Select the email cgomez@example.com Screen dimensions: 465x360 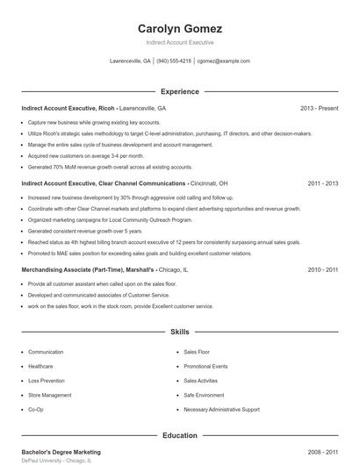pos(223,61)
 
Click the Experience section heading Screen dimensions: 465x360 pos(179,91)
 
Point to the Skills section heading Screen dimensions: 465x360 pos(179,333)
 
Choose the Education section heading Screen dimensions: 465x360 pos(179,435)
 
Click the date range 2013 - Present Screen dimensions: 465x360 pos(319,108)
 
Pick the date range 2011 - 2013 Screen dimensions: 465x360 pos(322,183)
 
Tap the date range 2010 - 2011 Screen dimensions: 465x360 pos(322,270)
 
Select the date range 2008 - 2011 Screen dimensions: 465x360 pos(322,453)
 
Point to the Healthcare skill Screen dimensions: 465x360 pos(40,366)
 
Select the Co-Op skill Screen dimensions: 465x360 pos(35,409)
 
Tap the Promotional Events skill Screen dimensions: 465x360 pos(205,366)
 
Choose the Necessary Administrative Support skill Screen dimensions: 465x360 pos(221,409)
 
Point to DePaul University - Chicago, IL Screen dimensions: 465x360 pos(56,461)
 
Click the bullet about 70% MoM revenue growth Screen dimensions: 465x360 pos(110,166)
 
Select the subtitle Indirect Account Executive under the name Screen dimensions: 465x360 pos(179,42)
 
